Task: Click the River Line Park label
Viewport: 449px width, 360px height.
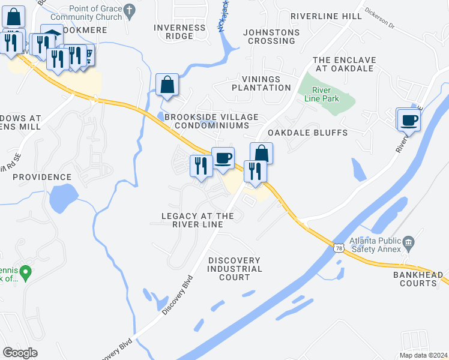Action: (x=325, y=94)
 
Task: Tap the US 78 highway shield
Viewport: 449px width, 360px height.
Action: (x=339, y=248)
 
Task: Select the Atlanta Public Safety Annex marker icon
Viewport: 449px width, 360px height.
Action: (x=408, y=243)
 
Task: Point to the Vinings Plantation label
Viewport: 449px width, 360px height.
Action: (x=266, y=83)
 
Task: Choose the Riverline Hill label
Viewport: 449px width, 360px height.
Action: (x=327, y=16)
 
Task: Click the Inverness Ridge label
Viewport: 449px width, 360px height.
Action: (x=182, y=32)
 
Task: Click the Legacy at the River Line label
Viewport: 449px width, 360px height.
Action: (x=197, y=220)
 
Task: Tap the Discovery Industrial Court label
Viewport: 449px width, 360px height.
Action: (x=235, y=269)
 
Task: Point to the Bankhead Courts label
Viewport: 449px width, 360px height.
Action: (x=414, y=278)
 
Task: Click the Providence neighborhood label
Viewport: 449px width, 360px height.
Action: (x=42, y=178)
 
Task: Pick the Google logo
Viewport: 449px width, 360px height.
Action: (x=20, y=353)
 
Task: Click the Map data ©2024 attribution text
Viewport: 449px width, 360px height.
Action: (x=423, y=355)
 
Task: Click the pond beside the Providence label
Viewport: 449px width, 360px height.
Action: (x=63, y=200)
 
